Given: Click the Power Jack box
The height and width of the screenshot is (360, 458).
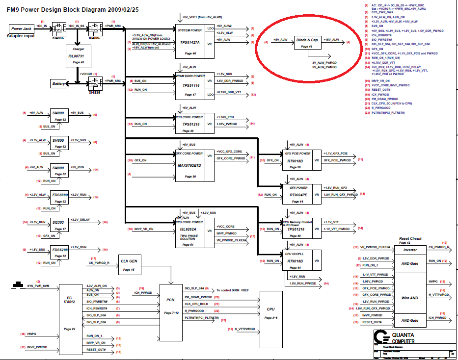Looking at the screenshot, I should pyautogui.click(x=21, y=29).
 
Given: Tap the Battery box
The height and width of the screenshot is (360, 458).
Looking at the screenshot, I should pyautogui.click(x=59, y=84).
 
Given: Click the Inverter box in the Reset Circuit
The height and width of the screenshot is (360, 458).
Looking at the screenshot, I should pyautogui.click(x=410, y=250).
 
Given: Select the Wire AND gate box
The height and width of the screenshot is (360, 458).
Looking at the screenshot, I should pyautogui.click(x=410, y=298).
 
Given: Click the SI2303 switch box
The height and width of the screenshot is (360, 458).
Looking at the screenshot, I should pyautogui.click(x=61, y=224).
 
